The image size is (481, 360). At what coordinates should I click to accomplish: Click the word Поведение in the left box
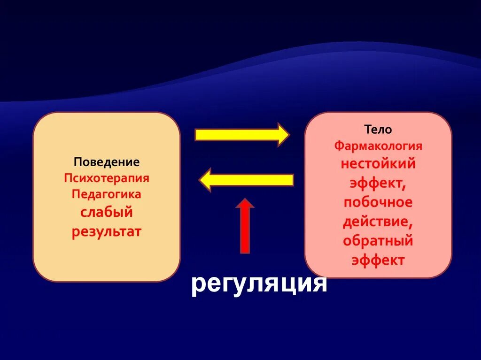coord(107,162)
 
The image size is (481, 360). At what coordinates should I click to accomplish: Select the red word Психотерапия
coord(107,178)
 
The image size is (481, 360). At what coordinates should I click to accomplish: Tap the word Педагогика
coord(107,194)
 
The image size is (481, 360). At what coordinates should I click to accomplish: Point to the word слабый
coord(107,212)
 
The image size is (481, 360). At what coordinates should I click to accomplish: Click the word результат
coord(107,232)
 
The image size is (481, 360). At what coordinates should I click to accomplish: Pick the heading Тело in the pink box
coord(378,130)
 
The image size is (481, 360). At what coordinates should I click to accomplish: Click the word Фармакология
coord(378,146)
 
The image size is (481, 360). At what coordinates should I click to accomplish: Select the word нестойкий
coord(378,164)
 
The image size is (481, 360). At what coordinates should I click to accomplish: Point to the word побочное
coord(378,202)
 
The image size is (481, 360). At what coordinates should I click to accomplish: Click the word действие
coord(378,222)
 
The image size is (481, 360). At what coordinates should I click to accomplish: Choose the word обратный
coord(378,241)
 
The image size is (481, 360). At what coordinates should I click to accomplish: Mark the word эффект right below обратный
coord(378,260)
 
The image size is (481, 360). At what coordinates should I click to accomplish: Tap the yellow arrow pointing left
coord(247,180)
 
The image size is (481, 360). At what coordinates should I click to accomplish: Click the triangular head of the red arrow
coord(245,204)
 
